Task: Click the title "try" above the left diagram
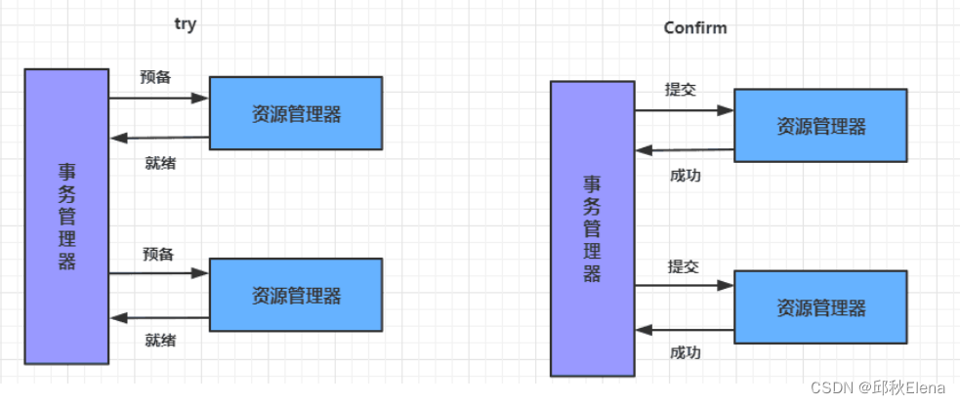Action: click(185, 25)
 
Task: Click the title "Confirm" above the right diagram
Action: click(694, 27)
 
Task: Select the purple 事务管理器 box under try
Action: click(66, 216)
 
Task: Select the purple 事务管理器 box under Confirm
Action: click(592, 228)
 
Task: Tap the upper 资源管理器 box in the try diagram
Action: click(296, 113)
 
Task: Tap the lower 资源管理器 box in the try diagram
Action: click(296, 294)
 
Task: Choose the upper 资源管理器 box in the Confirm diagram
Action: click(820, 126)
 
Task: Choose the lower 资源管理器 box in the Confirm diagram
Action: click(820, 308)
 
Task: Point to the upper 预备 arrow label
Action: click(155, 77)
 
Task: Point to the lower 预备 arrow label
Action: click(157, 255)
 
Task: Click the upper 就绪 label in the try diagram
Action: click(159, 162)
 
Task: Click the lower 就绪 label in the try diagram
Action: click(160, 341)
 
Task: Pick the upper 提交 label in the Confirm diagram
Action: click(681, 89)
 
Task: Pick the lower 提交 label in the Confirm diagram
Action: click(683, 266)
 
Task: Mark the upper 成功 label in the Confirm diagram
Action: click(685, 176)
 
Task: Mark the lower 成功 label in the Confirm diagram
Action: click(685, 352)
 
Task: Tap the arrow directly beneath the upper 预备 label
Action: click(158, 98)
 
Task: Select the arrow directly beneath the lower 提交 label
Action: click(684, 286)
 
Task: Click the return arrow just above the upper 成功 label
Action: click(684, 150)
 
